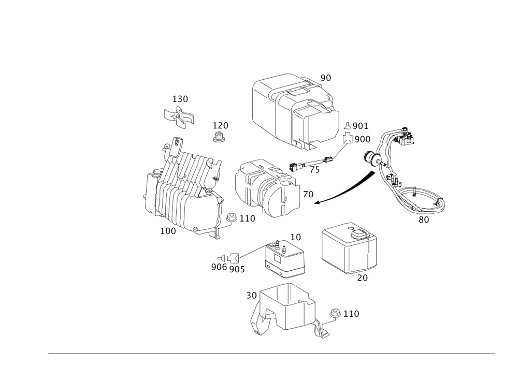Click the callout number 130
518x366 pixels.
click(180, 99)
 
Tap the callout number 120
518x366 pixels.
click(221, 126)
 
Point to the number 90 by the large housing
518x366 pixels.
click(325, 78)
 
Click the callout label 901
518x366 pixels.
click(360, 126)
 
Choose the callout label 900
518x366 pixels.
click(363, 139)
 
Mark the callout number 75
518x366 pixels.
click(314, 170)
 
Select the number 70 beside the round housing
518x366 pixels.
click(308, 194)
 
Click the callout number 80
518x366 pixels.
click(423, 219)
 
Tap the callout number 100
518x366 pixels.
click(168, 230)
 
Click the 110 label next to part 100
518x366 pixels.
click(247, 219)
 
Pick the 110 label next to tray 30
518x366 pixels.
click(351, 314)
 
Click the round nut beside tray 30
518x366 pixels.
click(336, 313)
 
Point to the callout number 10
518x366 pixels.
click(296, 238)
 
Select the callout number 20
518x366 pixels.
click(362, 278)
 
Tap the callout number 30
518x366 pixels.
click(251, 296)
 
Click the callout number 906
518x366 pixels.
click(218, 267)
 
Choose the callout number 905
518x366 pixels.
click(237, 268)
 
